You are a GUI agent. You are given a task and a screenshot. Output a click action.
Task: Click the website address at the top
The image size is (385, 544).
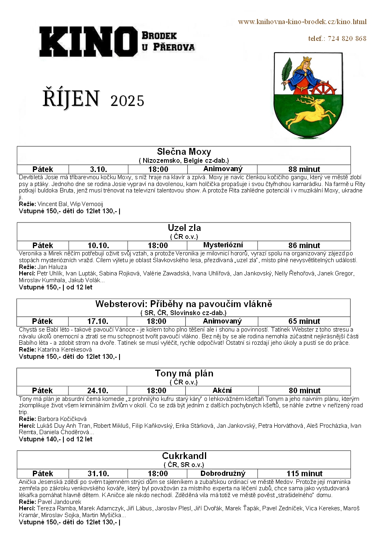[x=302, y=22]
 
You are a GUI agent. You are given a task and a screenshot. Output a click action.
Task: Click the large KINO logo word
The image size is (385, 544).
[x=88, y=41]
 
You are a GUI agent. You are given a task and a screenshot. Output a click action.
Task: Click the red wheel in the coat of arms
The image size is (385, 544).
[x=324, y=89]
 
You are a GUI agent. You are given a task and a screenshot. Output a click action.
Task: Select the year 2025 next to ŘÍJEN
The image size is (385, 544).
[x=127, y=101]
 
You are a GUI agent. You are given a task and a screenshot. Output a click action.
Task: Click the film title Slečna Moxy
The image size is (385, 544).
[x=184, y=152]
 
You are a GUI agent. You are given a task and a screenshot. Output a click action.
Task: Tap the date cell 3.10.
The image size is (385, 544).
[x=98, y=169]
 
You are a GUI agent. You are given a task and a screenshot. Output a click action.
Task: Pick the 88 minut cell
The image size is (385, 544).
[x=304, y=169]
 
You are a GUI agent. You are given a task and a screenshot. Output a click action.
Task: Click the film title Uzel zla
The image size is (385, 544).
[x=184, y=228]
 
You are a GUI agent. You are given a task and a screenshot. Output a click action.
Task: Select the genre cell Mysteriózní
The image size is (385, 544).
[x=223, y=245]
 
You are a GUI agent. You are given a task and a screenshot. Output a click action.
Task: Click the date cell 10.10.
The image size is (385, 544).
[x=98, y=245]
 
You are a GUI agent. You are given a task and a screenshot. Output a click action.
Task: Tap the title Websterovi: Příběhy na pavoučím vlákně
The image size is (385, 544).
[x=184, y=304]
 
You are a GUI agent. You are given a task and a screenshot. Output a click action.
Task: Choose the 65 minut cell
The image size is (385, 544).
[x=304, y=321]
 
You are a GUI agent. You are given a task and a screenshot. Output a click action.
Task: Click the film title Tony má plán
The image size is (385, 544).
[x=184, y=373]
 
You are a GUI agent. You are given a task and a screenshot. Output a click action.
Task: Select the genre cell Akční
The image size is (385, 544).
[x=222, y=390]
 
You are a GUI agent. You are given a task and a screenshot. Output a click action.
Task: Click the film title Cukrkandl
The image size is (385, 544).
[x=184, y=456]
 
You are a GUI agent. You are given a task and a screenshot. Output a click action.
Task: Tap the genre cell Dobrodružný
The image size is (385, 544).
[x=223, y=473]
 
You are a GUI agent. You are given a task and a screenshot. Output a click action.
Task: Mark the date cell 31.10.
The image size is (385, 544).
[x=98, y=473]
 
